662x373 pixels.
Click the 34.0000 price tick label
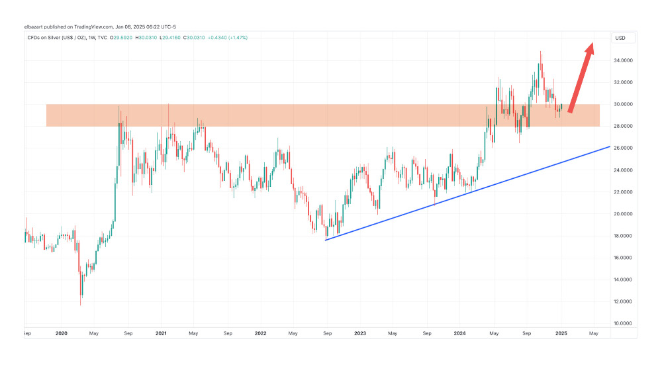click(x=624, y=60)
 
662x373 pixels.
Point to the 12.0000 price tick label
click(x=624, y=301)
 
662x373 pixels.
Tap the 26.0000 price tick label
click(x=624, y=148)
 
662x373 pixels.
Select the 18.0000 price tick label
click(x=624, y=236)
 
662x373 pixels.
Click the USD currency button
click(x=620, y=38)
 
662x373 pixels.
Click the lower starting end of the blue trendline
click(x=326, y=240)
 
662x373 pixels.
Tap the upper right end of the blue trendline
click(x=608, y=147)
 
